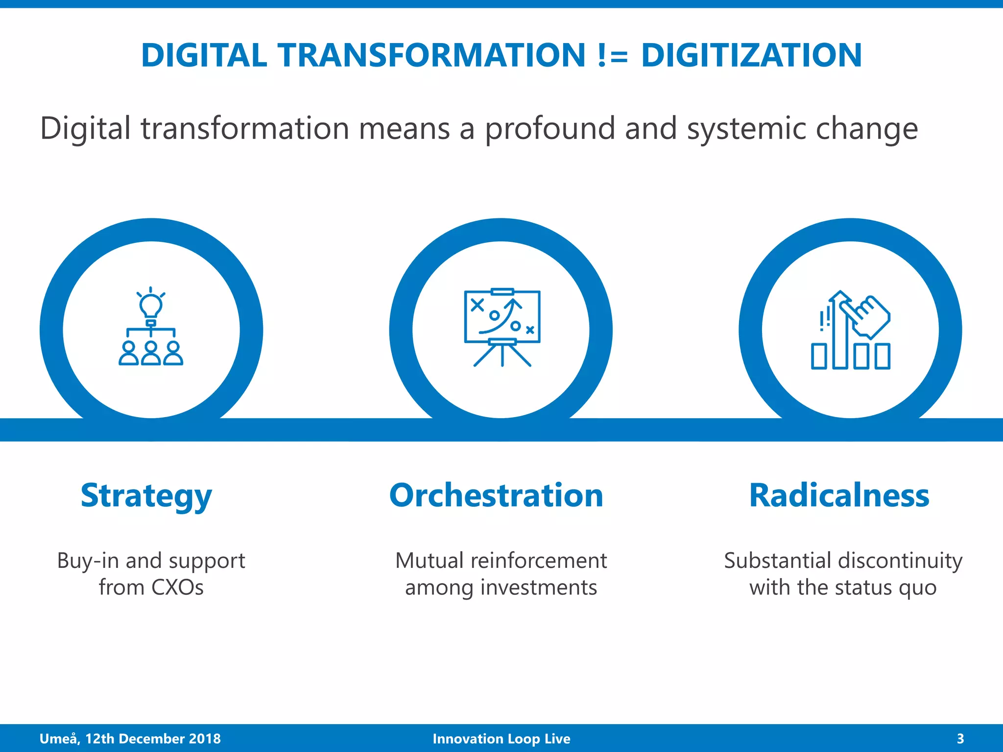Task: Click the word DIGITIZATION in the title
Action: [x=751, y=55]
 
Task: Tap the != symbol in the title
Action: [x=613, y=56]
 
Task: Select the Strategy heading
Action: [x=146, y=495]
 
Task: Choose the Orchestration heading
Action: [x=496, y=495]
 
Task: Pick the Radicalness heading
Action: [x=839, y=495]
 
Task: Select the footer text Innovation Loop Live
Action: [x=501, y=738]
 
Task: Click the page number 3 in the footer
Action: [x=960, y=738]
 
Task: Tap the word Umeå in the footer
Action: [x=58, y=738]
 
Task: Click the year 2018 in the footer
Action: [x=205, y=738]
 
